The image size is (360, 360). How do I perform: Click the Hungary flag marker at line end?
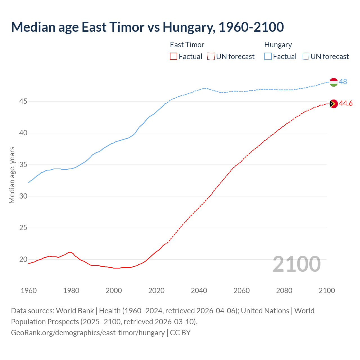coord(333,82)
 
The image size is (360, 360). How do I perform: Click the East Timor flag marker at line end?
coord(333,104)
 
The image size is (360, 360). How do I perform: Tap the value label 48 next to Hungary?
coord(343,82)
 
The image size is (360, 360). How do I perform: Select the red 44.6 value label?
coord(346,103)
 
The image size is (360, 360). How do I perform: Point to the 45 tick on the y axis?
coord(23,101)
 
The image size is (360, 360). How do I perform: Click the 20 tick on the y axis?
coord(23,259)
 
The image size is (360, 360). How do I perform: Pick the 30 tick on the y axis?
coord(23,196)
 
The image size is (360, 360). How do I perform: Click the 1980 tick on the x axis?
coord(71,291)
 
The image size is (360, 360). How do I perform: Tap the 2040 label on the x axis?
coord(199,291)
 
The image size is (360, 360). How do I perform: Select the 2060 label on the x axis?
coord(242,291)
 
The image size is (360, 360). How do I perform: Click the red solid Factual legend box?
coord(174,56)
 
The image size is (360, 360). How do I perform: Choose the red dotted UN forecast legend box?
coord(211,56)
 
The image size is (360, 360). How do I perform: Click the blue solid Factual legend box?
coord(268,56)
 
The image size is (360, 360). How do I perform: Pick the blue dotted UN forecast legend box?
coord(305,56)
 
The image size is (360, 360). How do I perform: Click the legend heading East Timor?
coord(187,45)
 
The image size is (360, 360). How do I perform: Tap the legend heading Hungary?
coord(278,45)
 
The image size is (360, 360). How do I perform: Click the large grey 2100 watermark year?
coord(297,264)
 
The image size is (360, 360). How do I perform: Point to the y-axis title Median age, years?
coord(12,175)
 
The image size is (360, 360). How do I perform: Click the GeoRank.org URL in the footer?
coord(88,332)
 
